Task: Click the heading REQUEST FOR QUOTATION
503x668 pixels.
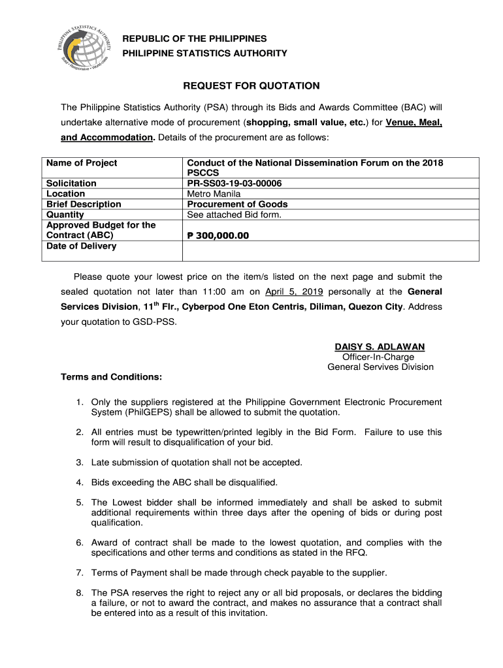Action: click(251, 85)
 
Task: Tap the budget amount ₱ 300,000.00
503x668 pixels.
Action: click(218, 235)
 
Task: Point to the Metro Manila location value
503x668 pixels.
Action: click(214, 194)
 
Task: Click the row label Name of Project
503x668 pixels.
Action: click(82, 163)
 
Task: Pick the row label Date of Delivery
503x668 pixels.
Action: click(81, 246)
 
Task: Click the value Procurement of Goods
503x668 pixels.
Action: click(237, 204)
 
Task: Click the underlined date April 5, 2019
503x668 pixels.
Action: click(293, 292)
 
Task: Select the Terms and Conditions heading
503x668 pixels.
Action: click(111, 377)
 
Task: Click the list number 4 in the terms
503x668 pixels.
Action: click(79, 483)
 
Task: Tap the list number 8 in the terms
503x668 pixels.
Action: click(79, 593)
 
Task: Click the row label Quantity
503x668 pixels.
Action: click(65, 215)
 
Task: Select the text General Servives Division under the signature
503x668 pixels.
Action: click(380, 367)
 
